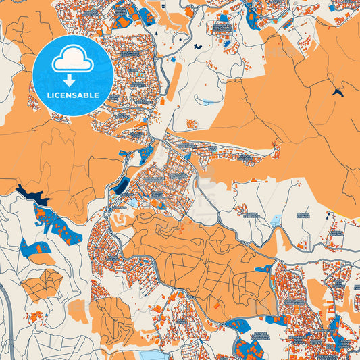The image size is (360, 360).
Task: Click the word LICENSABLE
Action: pos(72,95)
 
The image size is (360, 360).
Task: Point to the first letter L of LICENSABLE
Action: pos(49,95)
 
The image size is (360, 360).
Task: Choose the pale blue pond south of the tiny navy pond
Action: pos(203,102)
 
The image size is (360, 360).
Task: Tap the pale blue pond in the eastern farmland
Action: pos(276,220)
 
